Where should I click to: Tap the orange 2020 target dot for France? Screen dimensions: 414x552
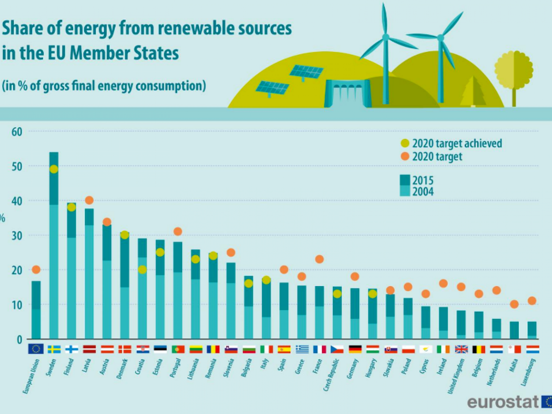tap(319, 259)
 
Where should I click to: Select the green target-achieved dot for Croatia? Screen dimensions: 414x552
tap(142, 269)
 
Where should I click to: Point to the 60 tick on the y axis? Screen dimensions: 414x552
tap(17, 131)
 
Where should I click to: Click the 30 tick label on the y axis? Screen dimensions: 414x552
tap(17, 236)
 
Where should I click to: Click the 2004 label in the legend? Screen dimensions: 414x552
tap(423, 191)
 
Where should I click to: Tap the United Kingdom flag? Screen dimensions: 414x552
tap(461, 349)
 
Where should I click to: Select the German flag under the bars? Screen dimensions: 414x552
tap(355, 349)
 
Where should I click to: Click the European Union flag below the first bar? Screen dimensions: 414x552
tap(36, 349)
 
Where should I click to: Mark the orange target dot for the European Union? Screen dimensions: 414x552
tap(36, 269)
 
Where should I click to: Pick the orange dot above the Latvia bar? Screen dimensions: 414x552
tap(89, 200)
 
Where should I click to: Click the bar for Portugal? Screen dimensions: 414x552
tap(178, 290)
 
